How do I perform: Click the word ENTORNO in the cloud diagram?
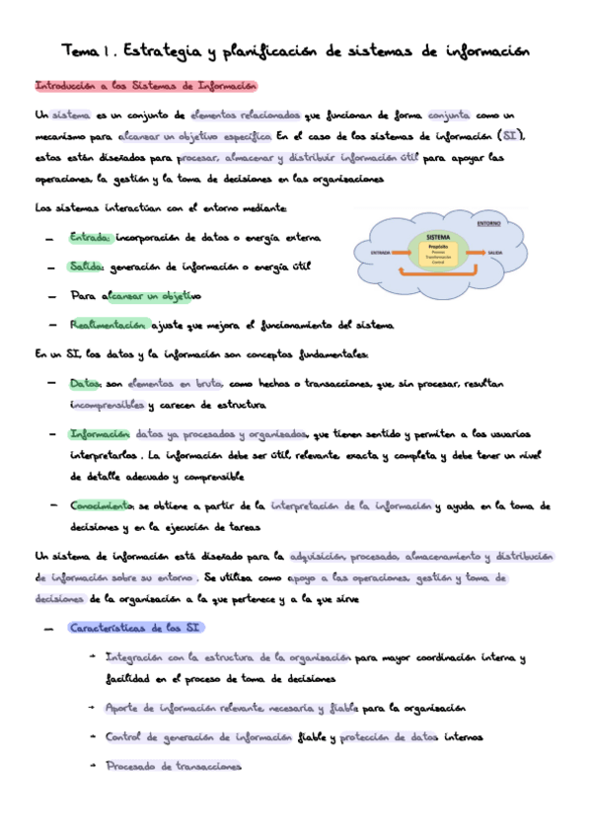(487, 224)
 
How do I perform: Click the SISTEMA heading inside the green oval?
(437, 238)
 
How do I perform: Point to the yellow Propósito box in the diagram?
(438, 254)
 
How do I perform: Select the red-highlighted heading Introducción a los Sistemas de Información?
(146, 86)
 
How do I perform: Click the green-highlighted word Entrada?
(90, 238)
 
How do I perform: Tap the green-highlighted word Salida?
(87, 266)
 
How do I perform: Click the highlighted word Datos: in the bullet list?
(86, 382)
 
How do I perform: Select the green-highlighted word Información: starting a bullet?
(100, 434)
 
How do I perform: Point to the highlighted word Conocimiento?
(103, 505)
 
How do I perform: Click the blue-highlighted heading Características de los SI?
(135, 628)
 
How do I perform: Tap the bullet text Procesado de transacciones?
(173, 765)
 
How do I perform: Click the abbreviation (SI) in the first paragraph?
(512, 135)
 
